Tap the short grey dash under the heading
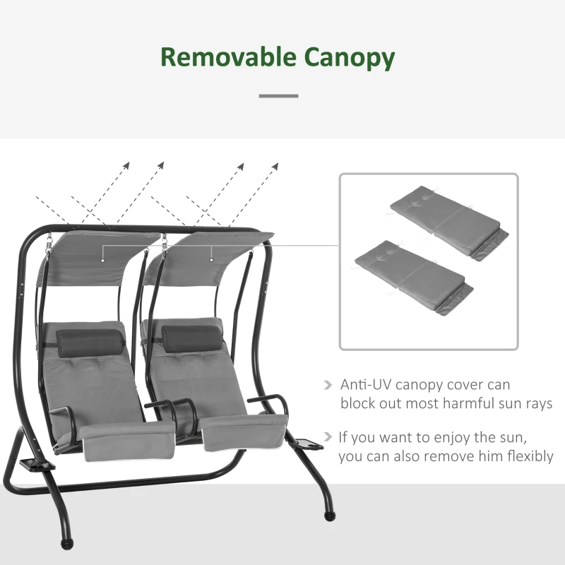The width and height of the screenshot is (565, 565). tap(278, 95)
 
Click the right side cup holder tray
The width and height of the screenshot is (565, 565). tap(309, 445)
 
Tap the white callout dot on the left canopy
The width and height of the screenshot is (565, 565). tap(103, 259)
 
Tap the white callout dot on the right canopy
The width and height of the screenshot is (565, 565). tap(211, 259)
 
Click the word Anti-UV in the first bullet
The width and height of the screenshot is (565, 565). tap(365, 385)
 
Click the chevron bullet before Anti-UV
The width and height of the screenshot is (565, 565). tap(328, 386)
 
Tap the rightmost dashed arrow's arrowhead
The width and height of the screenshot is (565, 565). tap(275, 167)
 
